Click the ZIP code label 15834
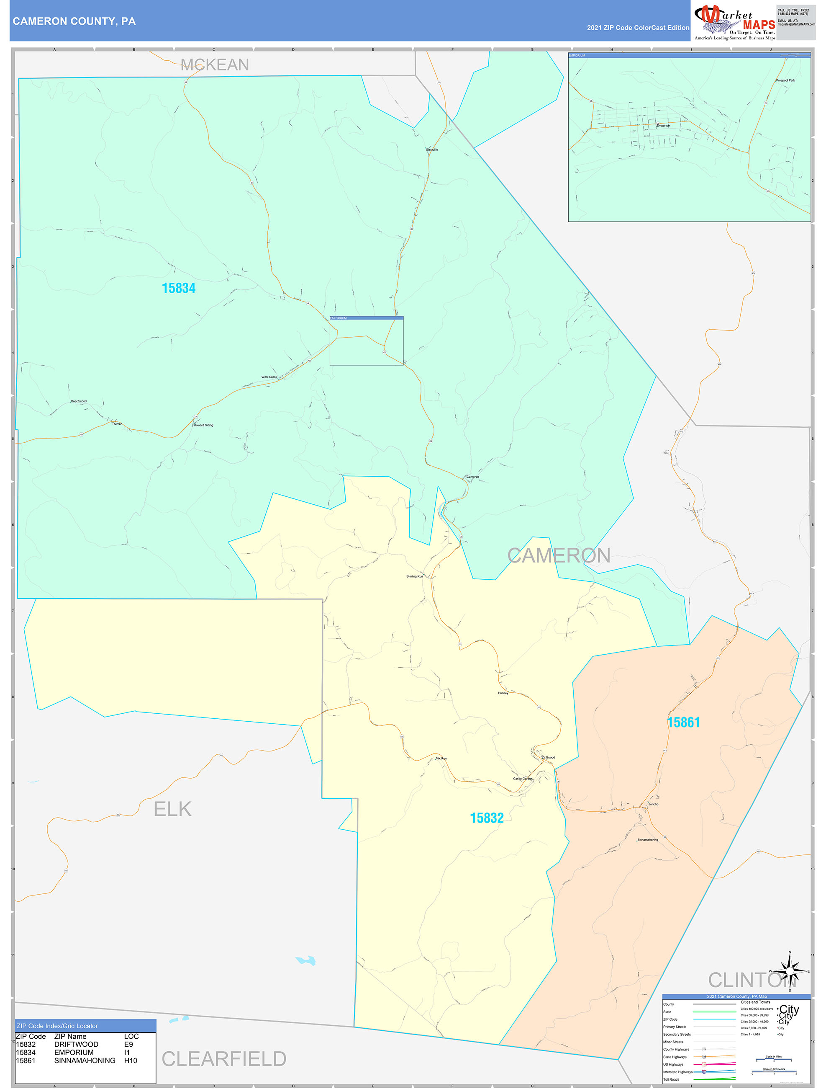(x=179, y=289)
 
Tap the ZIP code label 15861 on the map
(x=683, y=723)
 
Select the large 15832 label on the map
(x=487, y=818)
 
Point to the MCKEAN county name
(x=215, y=65)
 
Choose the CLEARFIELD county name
(x=224, y=1059)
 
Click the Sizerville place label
(x=431, y=150)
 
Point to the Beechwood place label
(x=79, y=401)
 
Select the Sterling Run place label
(x=414, y=576)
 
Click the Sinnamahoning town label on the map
(x=647, y=840)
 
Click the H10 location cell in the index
(x=131, y=1061)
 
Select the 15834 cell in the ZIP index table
(x=26, y=1053)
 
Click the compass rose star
(x=790, y=971)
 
